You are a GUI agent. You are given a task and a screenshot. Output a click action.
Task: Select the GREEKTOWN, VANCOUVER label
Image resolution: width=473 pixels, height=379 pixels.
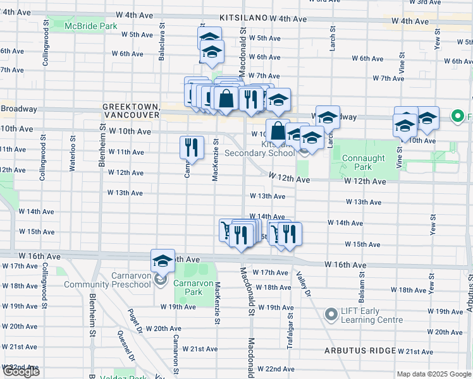coord(132,112)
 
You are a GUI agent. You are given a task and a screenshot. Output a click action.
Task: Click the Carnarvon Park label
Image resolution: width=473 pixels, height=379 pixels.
coord(188,288)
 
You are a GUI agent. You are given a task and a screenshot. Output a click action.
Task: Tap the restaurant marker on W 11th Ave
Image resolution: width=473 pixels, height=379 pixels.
coord(191,148)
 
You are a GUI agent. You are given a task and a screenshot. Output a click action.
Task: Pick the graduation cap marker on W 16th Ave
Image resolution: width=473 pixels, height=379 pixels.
coord(163,260)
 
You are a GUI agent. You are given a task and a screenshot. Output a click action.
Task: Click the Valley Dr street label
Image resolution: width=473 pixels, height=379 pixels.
coord(303,284)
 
